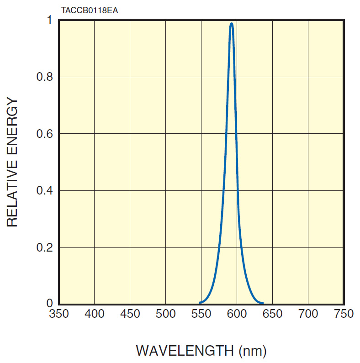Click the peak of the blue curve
(x=232, y=24)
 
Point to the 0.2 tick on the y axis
(x=45, y=247)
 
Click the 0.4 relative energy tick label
(x=45, y=190)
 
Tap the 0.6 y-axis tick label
(x=45, y=134)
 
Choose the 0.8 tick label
(x=45, y=77)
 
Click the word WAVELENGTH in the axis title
(x=185, y=351)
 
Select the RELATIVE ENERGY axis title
(x=12, y=162)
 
